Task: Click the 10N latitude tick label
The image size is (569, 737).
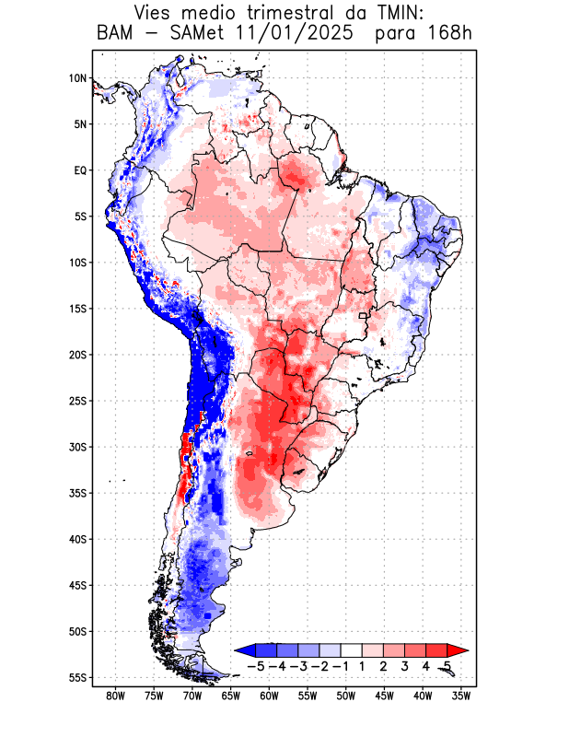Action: pos(77,78)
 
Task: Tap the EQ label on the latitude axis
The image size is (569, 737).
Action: pos(79,170)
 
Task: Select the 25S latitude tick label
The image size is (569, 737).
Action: pos(77,401)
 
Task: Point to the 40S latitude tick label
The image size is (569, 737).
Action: pos(77,539)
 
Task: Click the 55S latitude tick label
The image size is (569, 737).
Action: pos(77,677)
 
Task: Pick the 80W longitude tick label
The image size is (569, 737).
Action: pos(115,696)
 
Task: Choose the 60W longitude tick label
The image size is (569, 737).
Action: pos(269,696)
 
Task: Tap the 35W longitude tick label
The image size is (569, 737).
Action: pos(461,696)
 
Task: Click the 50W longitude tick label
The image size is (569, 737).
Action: pos(346,696)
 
